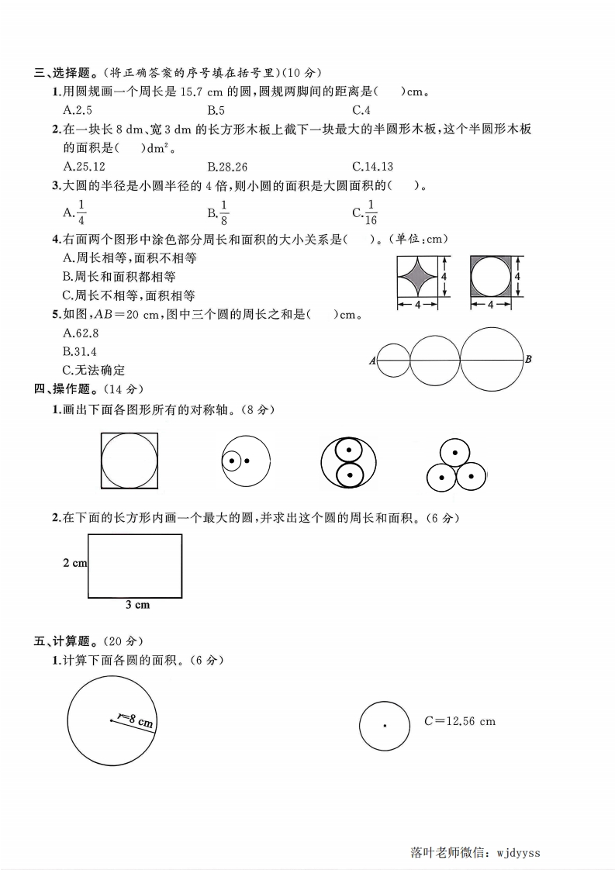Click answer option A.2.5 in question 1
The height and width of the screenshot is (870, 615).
(x=78, y=110)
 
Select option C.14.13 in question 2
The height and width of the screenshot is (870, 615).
(x=373, y=166)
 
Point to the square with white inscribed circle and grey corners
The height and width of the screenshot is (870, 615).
(x=492, y=277)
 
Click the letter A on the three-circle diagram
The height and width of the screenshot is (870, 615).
(x=373, y=361)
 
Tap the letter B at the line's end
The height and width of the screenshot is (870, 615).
(x=528, y=359)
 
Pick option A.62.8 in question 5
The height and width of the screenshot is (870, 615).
(x=81, y=333)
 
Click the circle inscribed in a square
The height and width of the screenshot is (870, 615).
(x=130, y=461)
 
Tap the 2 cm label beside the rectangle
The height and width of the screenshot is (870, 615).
(x=74, y=563)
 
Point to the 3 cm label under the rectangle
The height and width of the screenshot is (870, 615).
(x=137, y=605)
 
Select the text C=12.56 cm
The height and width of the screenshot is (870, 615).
(x=459, y=721)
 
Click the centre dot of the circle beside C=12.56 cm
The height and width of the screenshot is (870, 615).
(x=385, y=726)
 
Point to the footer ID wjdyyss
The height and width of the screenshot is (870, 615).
(x=516, y=853)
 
